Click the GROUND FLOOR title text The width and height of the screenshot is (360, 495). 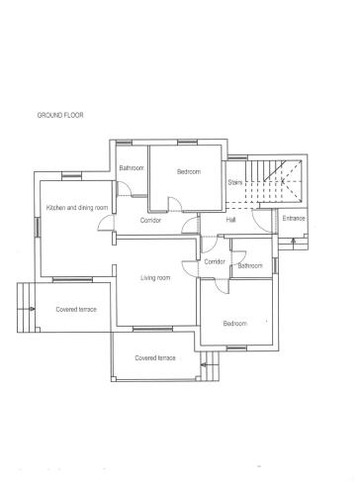(60, 115)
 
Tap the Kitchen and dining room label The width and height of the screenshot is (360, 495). (77, 208)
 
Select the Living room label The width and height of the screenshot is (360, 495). (155, 278)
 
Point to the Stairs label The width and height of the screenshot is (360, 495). (235, 182)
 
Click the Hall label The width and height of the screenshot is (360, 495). (230, 220)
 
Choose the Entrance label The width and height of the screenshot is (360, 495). (294, 218)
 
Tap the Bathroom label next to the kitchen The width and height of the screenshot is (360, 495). (132, 168)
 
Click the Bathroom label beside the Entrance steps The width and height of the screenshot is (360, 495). (250, 265)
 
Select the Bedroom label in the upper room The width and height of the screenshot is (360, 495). (189, 171)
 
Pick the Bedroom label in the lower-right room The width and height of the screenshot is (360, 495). (234, 324)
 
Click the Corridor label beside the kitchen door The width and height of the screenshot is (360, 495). (150, 220)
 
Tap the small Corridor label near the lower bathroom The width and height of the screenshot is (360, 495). (215, 261)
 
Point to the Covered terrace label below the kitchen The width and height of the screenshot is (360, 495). (76, 310)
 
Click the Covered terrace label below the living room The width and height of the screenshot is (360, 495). (155, 357)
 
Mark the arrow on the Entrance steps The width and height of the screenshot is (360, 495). (293, 241)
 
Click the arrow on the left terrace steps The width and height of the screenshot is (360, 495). (31, 309)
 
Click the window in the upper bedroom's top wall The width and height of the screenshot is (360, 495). (188, 143)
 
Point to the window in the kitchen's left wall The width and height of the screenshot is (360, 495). (38, 227)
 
